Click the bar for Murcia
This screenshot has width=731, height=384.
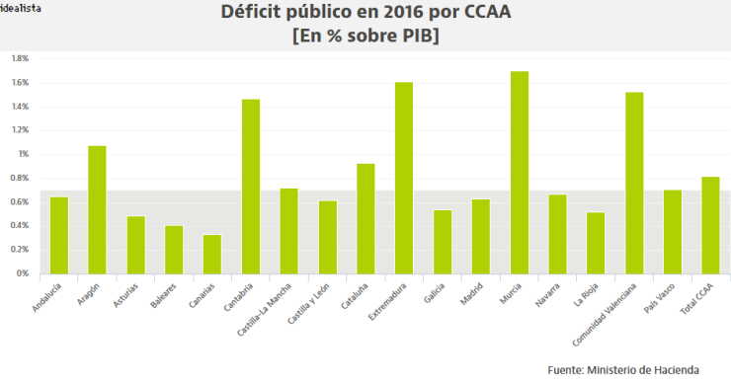pyautogui.click(x=519, y=173)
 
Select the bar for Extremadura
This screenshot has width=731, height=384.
pyautogui.click(x=404, y=178)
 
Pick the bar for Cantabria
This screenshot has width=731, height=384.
pyautogui.click(x=251, y=186)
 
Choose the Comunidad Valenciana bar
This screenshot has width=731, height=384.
pyautogui.click(x=634, y=183)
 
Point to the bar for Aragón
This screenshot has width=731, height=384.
pyautogui.click(x=97, y=209)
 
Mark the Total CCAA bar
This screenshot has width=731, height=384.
pyautogui.click(x=710, y=225)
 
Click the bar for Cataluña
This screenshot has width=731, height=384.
pyautogui.click(x=365, y=218)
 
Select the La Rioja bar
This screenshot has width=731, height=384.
pyautogui.click(x=596, y=243)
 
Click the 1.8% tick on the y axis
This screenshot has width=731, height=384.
pyautogui.click(x=19, y=58)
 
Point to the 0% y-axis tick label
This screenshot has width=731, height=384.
pyautogui.click(x=21, y=273)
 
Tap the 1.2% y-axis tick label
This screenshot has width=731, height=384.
pyautogui.click(x=19, y=130)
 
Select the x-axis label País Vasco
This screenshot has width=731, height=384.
pyautogui.click(x=659, y=297)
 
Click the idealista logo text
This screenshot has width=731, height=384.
pyautogui.click(x=23, y=8)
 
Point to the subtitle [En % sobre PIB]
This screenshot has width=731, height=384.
pyautogui.click(x=365, y=37)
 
